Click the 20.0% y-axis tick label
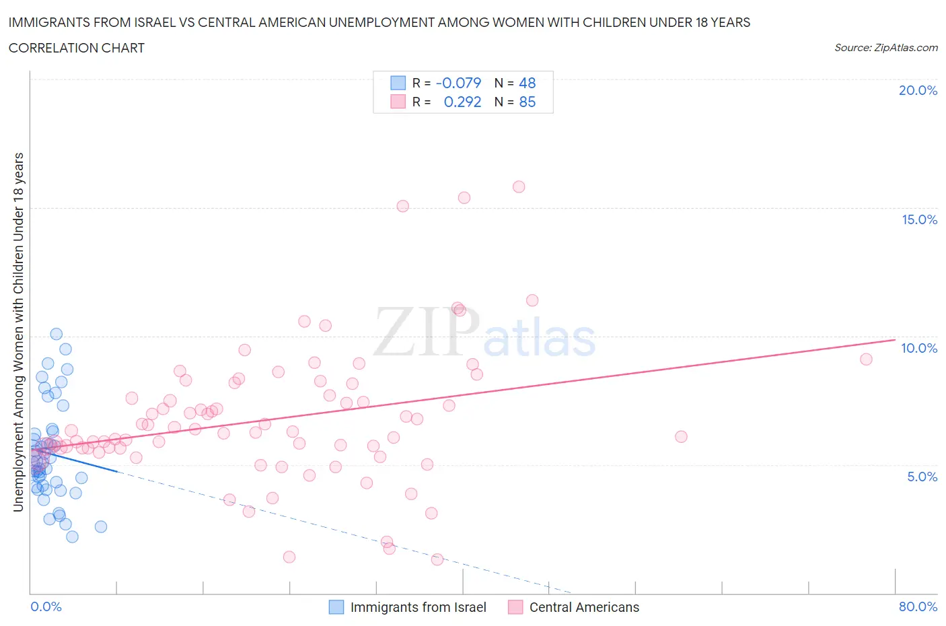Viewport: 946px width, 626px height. (x=918, y=90)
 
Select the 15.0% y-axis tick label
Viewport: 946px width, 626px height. (x=919, y=219)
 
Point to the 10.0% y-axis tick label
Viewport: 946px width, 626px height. (x=919, y=348)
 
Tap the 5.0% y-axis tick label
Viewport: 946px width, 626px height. (x=922, y=477)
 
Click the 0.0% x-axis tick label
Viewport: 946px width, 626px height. (x=46, y=606)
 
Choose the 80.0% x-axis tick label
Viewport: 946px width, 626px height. (x=918, y=606)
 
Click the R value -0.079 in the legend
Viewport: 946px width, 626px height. (x=458, y=83)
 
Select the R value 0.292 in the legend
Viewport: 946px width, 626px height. (x=462, y=102)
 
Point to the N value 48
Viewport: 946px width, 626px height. (x=527, y=83)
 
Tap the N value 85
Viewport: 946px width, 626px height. (x=527, y=102)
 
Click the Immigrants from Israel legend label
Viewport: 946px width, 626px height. (x=418, y=607)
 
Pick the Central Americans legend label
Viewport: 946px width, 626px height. (x=584, y=607)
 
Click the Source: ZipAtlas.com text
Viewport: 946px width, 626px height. (x=885, y=48)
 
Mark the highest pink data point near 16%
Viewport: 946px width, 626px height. (x=519, y=187)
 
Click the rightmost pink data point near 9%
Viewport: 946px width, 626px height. (x=866, y=359)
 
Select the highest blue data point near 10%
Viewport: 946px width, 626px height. (x=57, y=334)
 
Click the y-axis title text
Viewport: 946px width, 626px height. (x=19, y=332)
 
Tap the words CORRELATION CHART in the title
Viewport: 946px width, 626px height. (x=77, y=48)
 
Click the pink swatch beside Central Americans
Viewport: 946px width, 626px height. (x=515, y=607)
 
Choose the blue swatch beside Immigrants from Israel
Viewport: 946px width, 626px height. (x=336, y=607)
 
